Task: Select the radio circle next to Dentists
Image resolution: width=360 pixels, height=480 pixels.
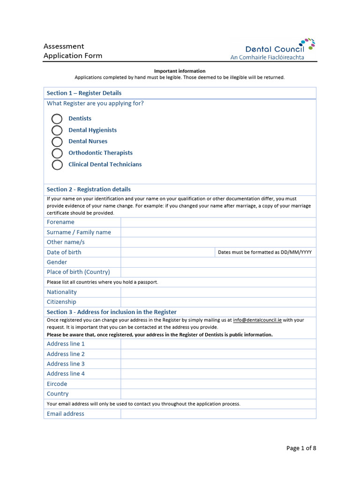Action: coord(57,119)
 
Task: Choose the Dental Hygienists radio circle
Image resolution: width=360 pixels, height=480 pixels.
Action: coord(57,130)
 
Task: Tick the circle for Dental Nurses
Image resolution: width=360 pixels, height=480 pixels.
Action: coord(57,142)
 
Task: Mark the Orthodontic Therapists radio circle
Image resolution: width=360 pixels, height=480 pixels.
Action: coord(57,153)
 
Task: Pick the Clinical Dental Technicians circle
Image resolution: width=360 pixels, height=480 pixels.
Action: coord(57,165)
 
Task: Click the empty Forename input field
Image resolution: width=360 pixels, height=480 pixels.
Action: coord(218,222)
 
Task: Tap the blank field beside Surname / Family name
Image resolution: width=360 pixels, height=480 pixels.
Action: coord(218,232)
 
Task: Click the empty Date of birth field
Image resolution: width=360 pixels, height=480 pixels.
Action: coord(167,252)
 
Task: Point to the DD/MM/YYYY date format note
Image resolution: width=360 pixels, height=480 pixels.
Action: coord(265,252)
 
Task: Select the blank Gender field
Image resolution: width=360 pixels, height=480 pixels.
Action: coord(218,262)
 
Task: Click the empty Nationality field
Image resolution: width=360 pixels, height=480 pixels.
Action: coord(218,292)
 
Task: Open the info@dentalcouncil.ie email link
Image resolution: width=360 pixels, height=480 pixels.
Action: coord(257,320)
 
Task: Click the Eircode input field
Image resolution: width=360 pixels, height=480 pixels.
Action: coord(218,384)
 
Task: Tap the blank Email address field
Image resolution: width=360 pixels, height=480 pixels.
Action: coord(218,414)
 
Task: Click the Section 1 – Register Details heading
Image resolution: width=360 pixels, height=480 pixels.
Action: coord(84,93)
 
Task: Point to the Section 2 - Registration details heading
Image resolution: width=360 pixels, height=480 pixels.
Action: coord(89,189)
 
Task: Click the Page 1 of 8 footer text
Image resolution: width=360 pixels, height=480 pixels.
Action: coord(301,448)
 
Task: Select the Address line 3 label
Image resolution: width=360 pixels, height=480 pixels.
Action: coord(66,364)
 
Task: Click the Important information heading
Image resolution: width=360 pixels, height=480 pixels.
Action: coord(180,71)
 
